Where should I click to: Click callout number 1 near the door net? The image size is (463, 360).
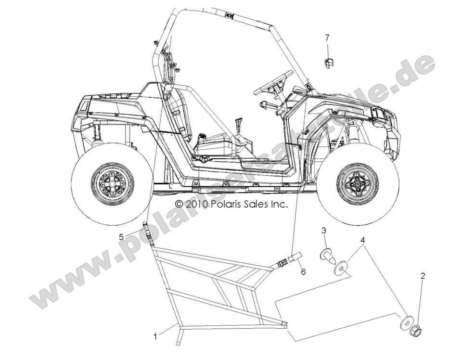click(x=155, y=336)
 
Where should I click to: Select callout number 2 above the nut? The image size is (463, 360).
click(x=423, y=276)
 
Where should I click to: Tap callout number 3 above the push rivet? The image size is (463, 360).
click(x=324, y=230)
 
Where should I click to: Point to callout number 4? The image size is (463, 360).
click(x=362, y=239)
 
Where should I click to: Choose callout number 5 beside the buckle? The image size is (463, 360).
click(x=122, y=236)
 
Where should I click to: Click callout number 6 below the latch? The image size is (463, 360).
click(x=303, y=272)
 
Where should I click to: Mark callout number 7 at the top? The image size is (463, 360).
click(x=327, y=37)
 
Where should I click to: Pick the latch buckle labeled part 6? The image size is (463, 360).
click(x=289, y=260)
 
